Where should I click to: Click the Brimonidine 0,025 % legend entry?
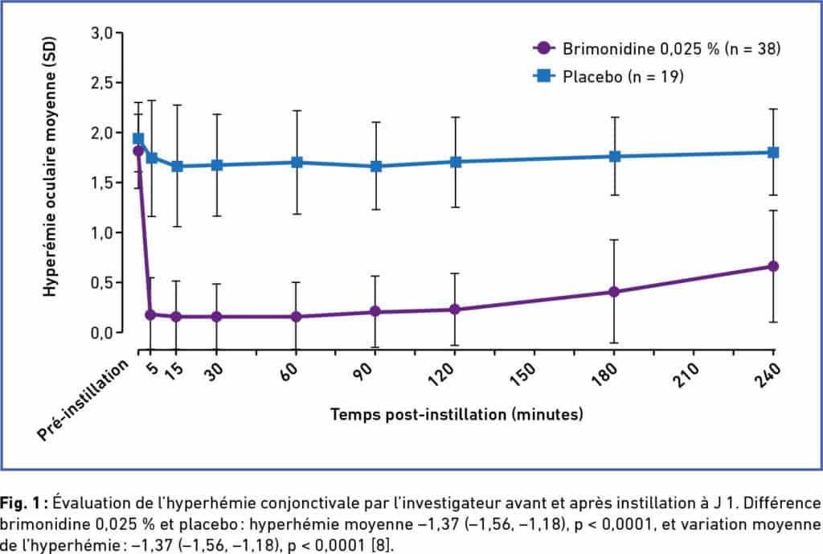(657, 49)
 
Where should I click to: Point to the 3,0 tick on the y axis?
(104, 33)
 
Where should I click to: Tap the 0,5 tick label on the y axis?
(104, 282)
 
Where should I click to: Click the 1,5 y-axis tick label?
(104, 183)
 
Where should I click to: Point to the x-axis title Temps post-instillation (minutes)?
(456, 415)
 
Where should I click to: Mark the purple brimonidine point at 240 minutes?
(773, 266)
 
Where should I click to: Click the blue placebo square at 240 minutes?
(773, 152)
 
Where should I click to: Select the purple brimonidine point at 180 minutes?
(614, 292)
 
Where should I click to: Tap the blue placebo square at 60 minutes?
(297, 162)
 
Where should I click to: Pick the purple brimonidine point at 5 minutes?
(150, 314)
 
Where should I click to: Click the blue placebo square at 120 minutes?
(456, 162)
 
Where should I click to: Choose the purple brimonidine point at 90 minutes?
(376, 311)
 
